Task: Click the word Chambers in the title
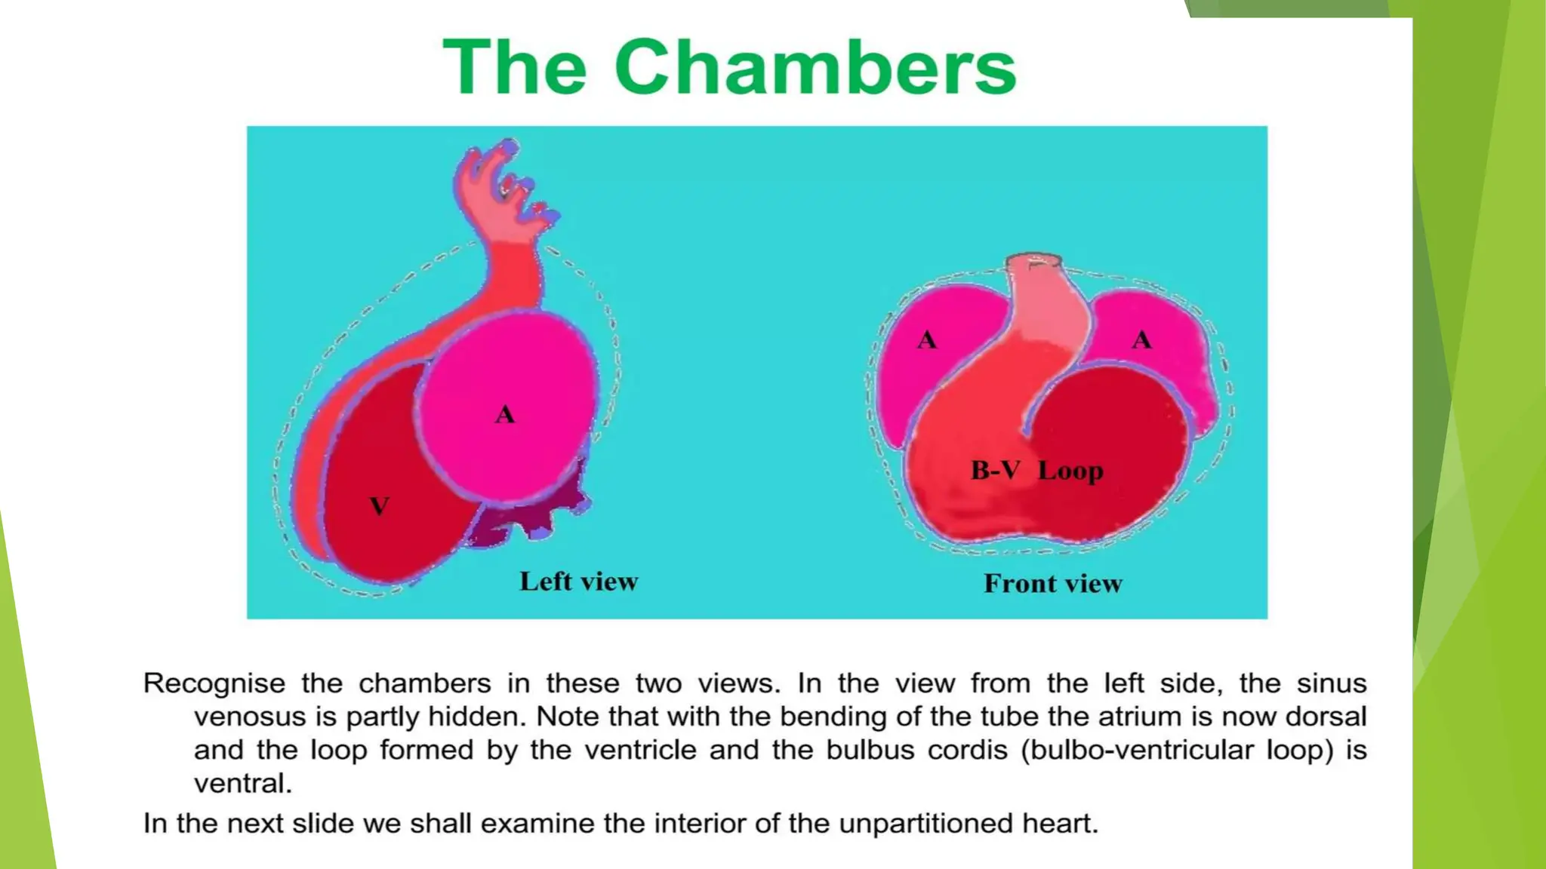[815, 68]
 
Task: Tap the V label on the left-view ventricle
[380, 505]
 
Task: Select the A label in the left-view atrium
[505, 414]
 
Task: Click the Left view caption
[579, 582]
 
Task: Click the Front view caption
[1052, 584]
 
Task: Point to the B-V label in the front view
[995, 471]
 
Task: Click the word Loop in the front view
[1070, 471]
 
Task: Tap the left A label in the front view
[927, 340]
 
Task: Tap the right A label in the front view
[1142, 340]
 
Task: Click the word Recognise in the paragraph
[214, 683]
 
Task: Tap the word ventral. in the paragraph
[242, 784]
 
